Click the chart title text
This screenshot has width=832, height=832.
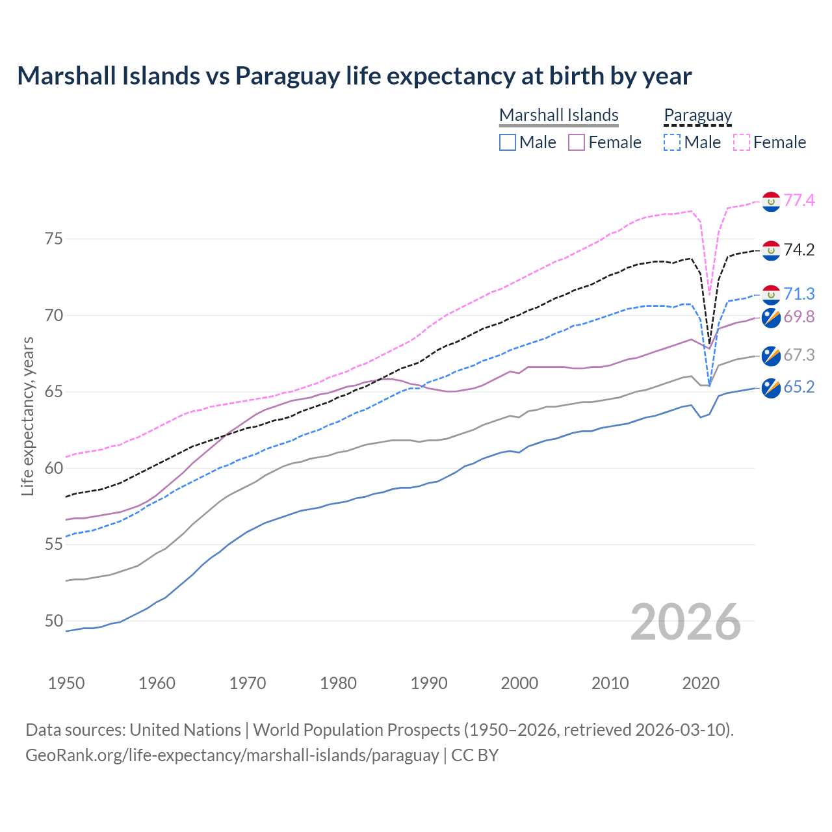point(354,76)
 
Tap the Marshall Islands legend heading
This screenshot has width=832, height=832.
point(558,115)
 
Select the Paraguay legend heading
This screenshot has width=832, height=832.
point(697,115)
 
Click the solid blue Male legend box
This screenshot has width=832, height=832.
point(508,142)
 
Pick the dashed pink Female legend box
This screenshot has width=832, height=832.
point(742,142)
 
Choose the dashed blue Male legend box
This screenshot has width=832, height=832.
point(672,142)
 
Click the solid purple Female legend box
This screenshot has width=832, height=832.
point(577,142)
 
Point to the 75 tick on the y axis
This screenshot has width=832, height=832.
point(54,239)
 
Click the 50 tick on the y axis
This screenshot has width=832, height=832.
point(54,621)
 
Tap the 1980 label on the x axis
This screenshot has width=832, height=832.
point(338,683)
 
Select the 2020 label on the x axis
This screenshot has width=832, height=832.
point(701,683)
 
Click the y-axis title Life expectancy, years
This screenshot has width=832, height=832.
point(28,416)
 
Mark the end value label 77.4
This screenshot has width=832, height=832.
point(799,200)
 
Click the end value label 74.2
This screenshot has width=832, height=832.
point(799,250)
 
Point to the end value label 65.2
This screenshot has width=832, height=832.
point(799,387)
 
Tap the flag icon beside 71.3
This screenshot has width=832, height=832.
point(771,294)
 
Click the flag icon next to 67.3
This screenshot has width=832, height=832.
point(771,356)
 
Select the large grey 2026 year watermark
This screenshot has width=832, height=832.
point(686,622)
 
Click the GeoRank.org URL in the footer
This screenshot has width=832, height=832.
point(232,755)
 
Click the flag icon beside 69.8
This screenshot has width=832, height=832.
point(771,318)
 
